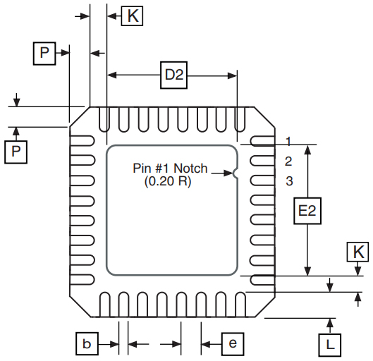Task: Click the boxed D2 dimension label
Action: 174,75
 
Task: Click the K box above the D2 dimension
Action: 131,16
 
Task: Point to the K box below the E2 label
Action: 358,252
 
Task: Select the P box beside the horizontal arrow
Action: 44,53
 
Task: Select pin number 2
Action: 288,161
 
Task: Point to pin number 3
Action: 288,181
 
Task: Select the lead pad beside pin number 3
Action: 262,180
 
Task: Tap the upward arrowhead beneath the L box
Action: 329,323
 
